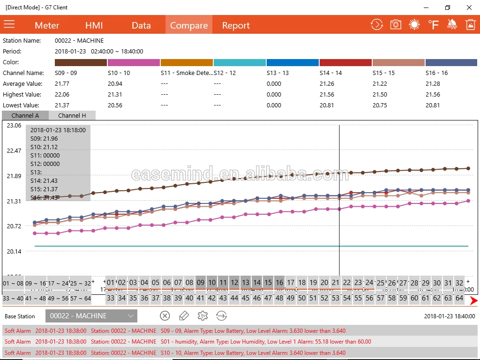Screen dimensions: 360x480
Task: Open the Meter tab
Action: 47,25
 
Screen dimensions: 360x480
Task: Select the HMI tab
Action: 94,25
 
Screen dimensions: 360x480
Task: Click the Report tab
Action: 236,25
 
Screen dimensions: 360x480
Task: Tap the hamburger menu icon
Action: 9,24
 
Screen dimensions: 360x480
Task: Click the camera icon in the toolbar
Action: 396,25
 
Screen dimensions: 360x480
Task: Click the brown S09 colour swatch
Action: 81,62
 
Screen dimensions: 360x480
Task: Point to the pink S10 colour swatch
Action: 134,62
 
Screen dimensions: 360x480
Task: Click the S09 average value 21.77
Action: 62,84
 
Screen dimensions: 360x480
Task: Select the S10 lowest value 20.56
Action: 115,105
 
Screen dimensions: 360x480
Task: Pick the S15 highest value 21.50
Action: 380,95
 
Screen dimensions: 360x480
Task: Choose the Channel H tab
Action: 72,115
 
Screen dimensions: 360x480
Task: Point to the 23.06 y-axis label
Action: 14,126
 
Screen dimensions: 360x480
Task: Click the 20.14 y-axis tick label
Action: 14,252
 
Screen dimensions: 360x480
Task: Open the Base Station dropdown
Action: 91,316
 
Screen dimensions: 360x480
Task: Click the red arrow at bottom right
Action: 473,301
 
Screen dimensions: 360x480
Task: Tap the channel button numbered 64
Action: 459,298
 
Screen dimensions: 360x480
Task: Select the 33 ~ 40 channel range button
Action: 13,298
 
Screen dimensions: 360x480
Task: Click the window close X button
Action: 469,7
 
